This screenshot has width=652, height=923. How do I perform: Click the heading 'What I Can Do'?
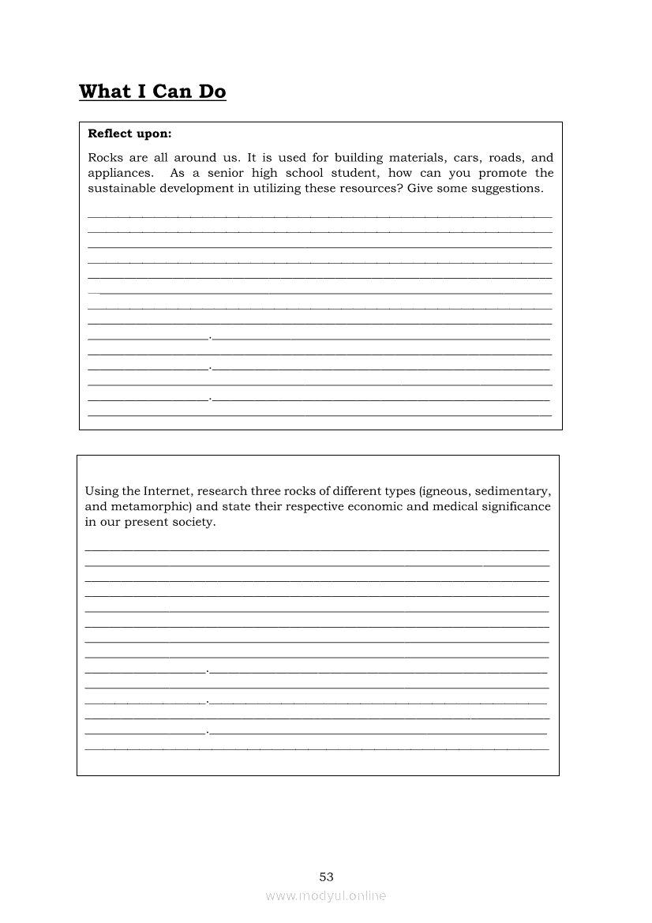[152, 92]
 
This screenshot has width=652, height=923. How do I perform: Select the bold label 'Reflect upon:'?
[129, 133]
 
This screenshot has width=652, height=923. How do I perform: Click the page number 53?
[327, 876]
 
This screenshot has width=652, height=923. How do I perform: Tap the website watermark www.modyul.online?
[326, 895]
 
